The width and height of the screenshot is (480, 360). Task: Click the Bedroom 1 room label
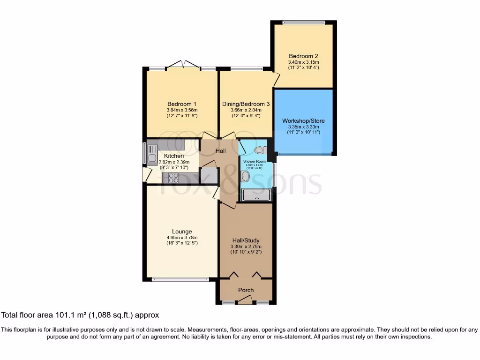coord(181,104)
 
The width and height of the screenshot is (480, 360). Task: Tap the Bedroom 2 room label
coord(303,56)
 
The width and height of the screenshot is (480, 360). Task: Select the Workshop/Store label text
coord(303,121)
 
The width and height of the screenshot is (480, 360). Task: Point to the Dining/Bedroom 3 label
coord(246,104)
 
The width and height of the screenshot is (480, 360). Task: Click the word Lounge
coord(181,232)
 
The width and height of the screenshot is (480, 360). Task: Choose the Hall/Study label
coord(246,240)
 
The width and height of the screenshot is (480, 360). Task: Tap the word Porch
coord(246,290)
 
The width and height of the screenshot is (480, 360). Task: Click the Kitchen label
coord(174,156)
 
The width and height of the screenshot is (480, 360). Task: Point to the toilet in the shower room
coord(259,150)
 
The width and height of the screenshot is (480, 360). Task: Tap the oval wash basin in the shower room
coord(245,176)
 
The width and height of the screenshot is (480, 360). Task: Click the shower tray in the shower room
coord(256,195)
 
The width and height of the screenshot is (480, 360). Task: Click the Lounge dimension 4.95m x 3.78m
coord(181,237)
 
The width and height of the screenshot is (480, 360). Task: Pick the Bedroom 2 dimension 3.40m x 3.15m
coord(303,62)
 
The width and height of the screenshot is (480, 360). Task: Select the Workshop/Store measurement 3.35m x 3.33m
coord(303,127)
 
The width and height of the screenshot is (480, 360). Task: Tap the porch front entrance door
coord(246,300)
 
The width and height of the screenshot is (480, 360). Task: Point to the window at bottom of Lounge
coord(180,279)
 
